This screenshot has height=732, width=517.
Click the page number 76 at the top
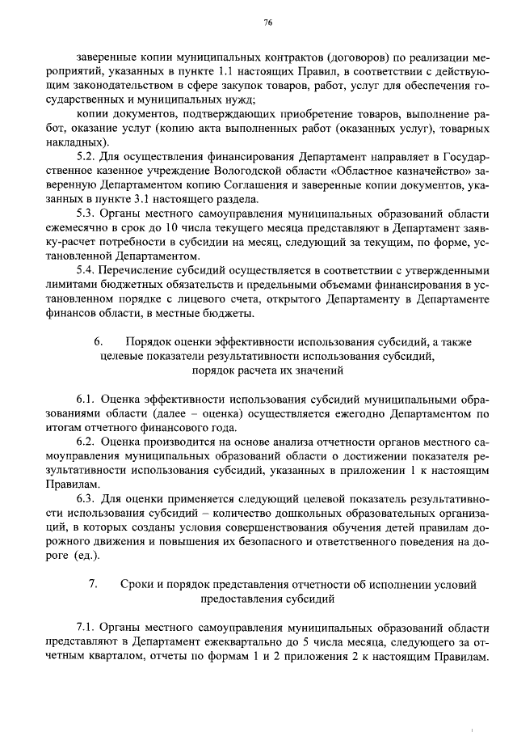pos(267,23)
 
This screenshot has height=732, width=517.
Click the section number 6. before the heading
pos(99,342)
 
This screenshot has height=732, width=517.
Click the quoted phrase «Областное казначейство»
pos(395,171)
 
